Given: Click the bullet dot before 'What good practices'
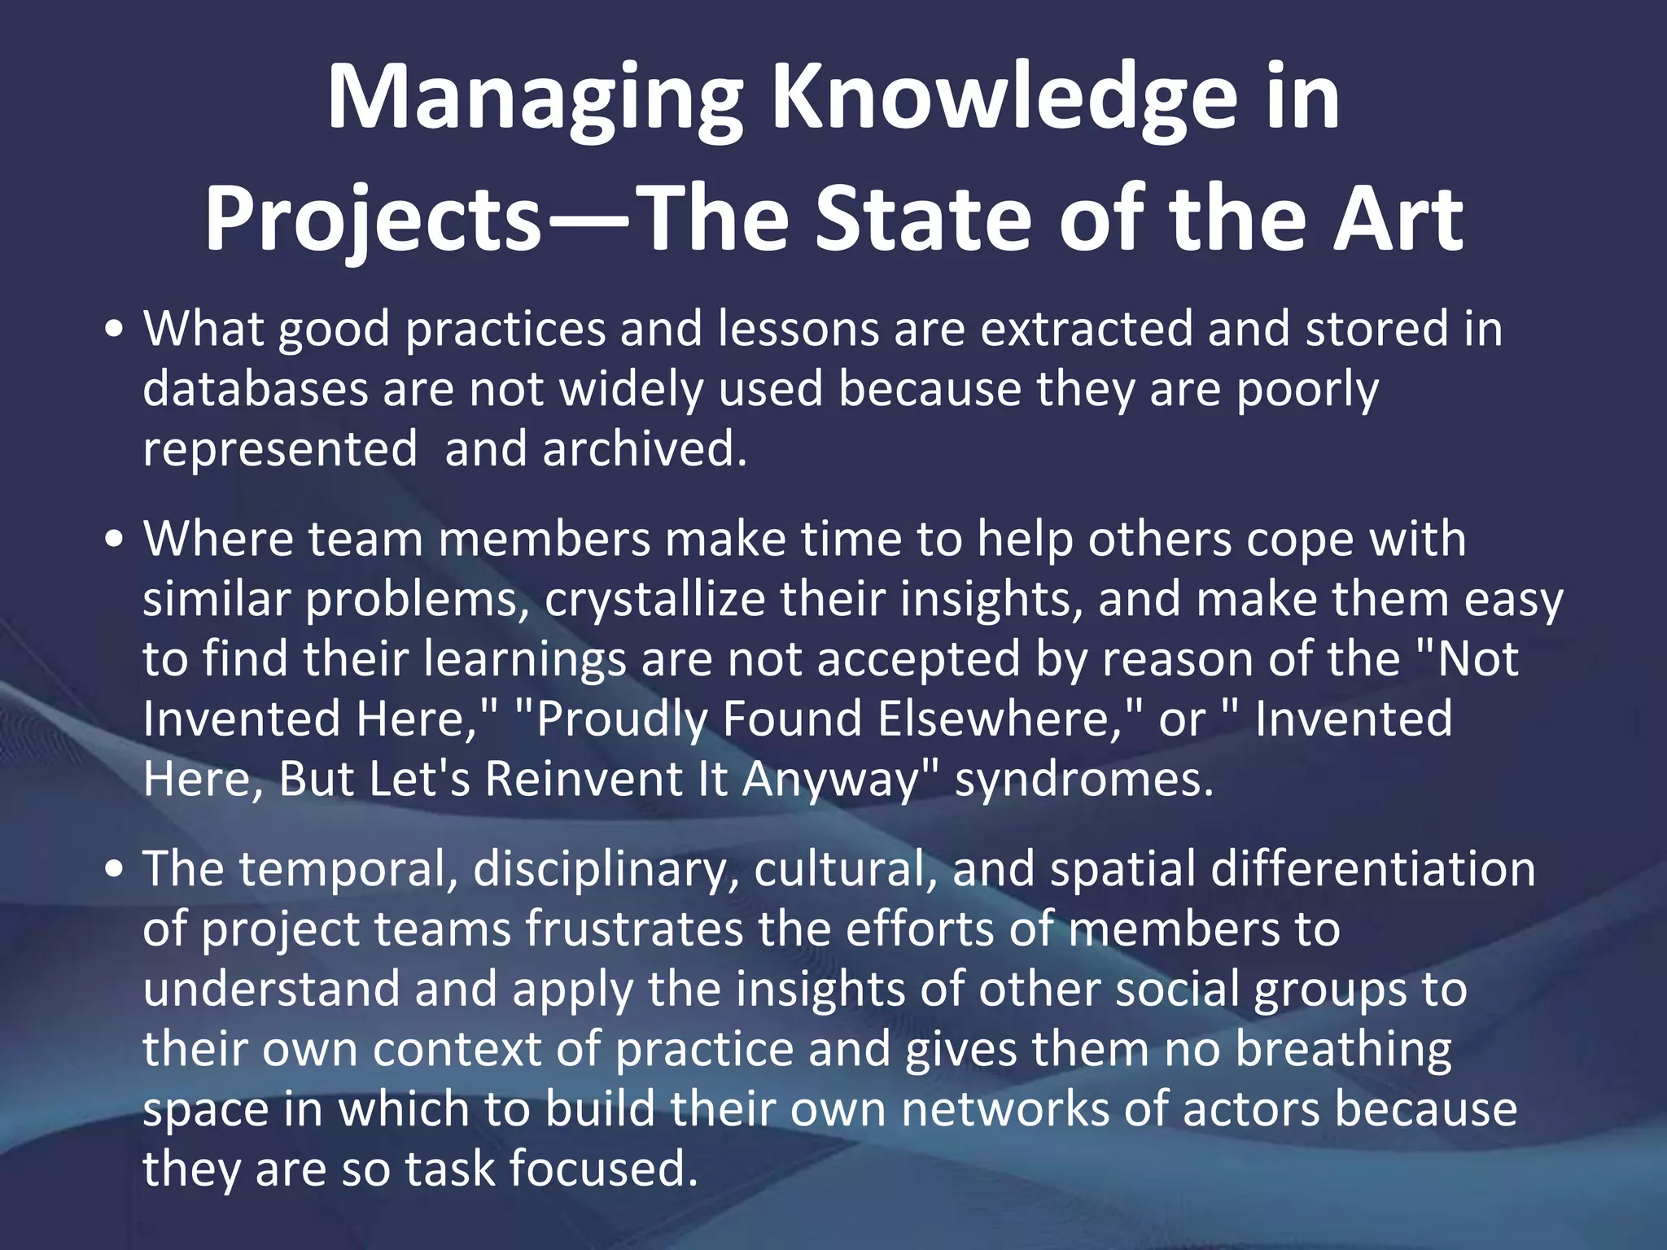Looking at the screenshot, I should [x=115, y=330].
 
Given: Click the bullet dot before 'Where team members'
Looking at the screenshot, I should [x=115, y=540].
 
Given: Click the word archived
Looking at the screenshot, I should [x=644, y=448].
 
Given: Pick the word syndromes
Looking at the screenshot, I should [x=1083, y=780].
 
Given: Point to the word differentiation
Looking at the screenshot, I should [x=1372, y=869].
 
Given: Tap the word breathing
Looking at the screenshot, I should [x=1343, y=1050].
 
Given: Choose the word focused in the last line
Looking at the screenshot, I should [x=603, y=1169].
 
